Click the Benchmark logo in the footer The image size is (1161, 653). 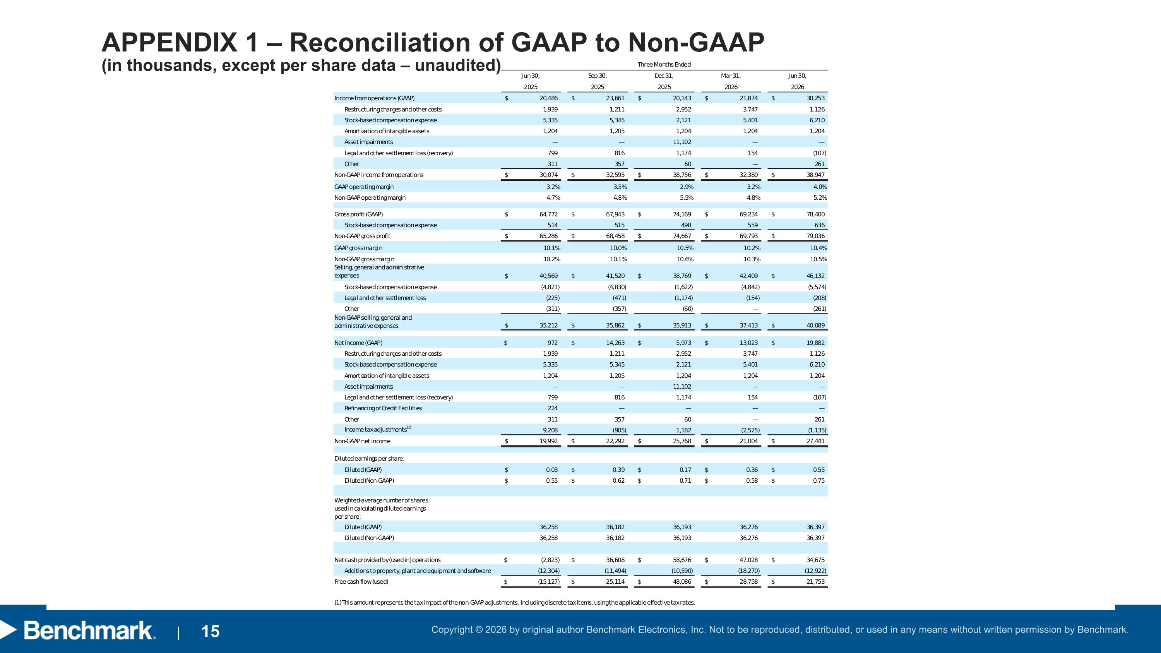79,631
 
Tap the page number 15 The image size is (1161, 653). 211,632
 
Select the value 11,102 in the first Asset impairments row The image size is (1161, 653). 682,142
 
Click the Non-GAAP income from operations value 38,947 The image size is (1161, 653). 815,175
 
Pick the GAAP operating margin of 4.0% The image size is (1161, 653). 820,187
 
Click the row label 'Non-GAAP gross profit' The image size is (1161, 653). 362,236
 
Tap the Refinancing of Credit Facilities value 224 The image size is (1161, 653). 553,408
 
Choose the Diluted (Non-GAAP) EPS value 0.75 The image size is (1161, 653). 819,481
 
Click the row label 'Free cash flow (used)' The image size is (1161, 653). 361,582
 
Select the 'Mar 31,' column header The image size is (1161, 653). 731,76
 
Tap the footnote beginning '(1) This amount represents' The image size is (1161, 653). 515,603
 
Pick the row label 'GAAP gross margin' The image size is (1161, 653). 358,248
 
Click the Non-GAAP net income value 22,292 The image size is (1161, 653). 615,441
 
